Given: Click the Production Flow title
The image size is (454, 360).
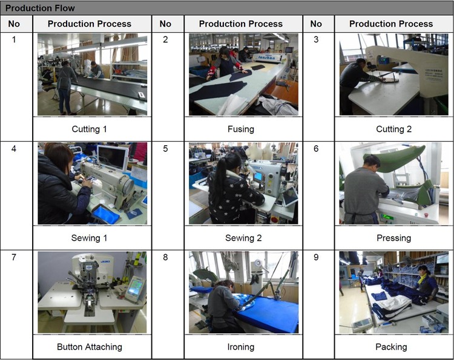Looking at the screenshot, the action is pos(40,8).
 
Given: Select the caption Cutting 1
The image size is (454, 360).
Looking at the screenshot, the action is pos(89,129).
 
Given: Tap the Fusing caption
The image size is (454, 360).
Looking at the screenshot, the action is pos(240,129).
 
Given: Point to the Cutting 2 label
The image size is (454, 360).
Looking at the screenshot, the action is pos(393,129).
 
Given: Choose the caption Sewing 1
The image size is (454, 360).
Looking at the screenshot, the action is pos(89,238).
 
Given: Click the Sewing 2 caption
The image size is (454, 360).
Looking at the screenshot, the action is pos(243,238).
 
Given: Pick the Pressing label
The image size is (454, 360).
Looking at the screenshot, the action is pos(393,238).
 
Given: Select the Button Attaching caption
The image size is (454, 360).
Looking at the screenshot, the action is pos(89,347).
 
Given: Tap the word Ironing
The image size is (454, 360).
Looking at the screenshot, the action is pos(240,347).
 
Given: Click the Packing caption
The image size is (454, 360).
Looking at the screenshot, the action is pos(391,347).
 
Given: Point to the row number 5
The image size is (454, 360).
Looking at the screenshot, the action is pos(165,149).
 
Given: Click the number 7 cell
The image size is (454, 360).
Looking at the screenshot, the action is pos(14,257).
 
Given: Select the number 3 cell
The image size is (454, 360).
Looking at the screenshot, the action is pos(316,39).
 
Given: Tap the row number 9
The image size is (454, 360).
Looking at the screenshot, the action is pos(316,257).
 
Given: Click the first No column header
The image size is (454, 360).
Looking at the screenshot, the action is pos(14,24).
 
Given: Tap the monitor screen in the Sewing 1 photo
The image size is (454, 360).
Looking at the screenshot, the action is pos(113,158).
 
